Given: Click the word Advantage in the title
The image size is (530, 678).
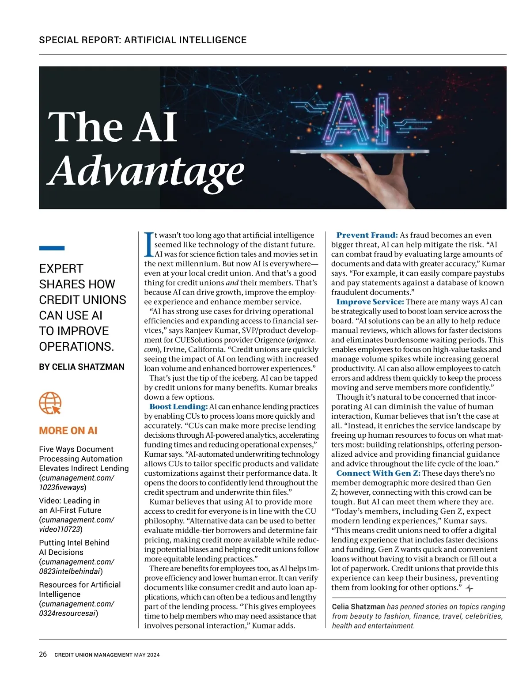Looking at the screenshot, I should pos(146,171).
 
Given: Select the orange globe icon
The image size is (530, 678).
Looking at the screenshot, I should pos(50,403).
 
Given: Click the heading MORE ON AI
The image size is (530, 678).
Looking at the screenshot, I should pos(68,431).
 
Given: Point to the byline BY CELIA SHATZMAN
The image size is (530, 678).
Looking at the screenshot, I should pos(82,367).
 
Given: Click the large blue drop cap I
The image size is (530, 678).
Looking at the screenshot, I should pos(148,244).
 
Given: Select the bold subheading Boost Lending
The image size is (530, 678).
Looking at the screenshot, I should pos(178,406).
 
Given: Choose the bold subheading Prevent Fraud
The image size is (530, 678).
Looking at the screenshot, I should pos(367,235).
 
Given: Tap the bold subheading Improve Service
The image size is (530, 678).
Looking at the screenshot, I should pos(370,302).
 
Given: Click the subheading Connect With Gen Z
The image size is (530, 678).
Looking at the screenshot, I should pos(378,473).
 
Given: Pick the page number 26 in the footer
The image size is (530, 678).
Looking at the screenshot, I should pos(43,655).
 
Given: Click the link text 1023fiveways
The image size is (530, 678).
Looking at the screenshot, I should pos(62,488).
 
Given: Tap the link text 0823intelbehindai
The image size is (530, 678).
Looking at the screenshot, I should pos(70,571).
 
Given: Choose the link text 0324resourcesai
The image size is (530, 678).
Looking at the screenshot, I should pos(68,613).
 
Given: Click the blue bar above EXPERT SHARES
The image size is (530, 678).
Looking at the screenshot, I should pos(52,248).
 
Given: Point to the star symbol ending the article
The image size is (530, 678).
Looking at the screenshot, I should pos(470,588).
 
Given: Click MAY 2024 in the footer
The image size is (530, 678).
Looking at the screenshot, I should pos(147,655).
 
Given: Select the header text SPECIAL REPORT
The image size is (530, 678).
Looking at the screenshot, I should pos(79,40).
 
